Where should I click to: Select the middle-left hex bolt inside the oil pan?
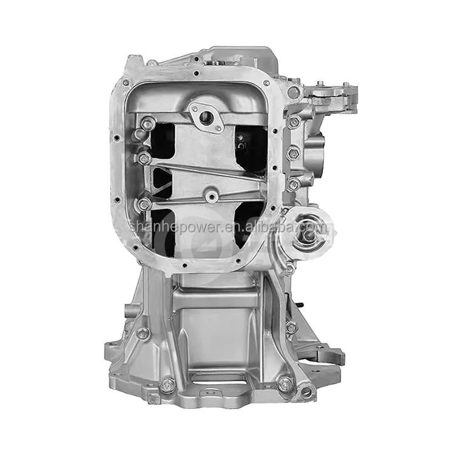tap(144, 158)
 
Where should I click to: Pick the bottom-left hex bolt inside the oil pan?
tap(144, 204)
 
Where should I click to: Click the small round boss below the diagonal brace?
tap(211, 195)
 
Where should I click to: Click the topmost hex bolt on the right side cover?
tap(294, 122)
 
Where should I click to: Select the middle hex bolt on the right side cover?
tap(292, 153)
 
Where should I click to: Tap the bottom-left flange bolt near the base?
tap(167, 384)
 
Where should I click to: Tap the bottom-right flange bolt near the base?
tap(283, 383)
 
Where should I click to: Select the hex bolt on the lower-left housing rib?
tap(143, 333)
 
